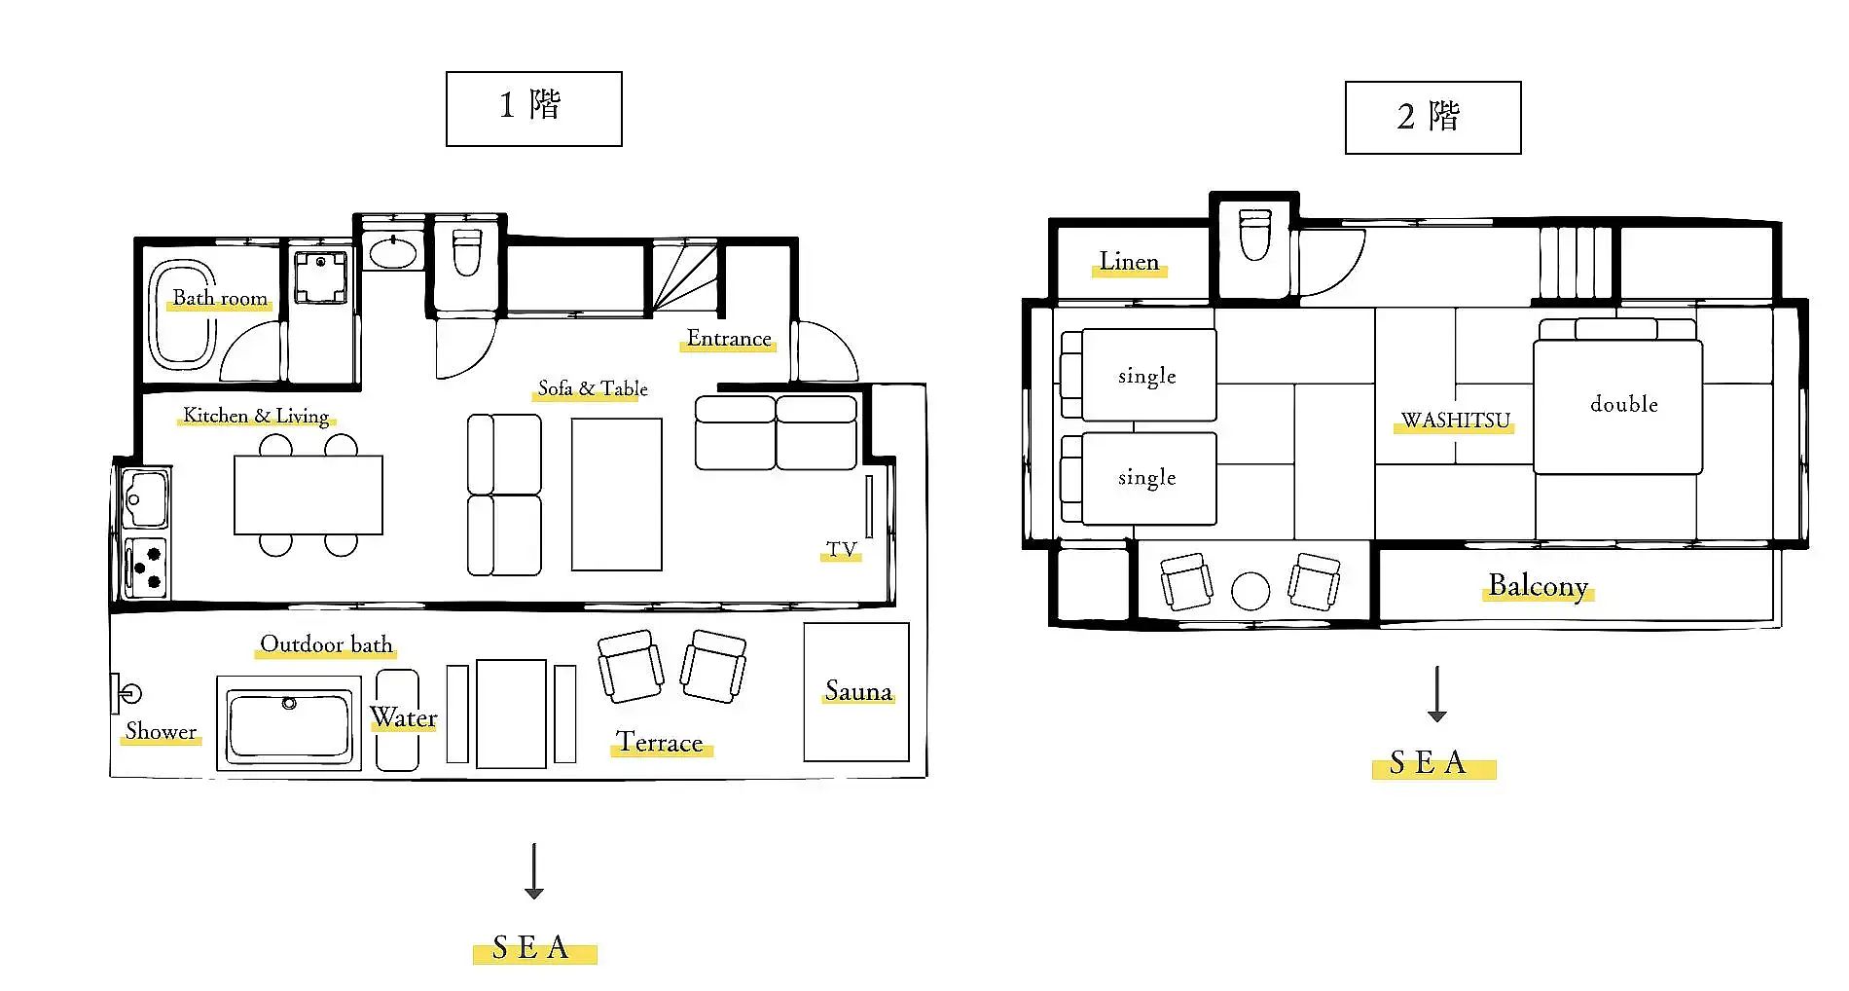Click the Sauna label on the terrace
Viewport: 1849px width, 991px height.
click(858, 691)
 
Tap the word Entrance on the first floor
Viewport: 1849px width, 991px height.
click(729, 339)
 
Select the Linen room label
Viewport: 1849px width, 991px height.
click(1129, 262)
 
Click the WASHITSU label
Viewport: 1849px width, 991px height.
click(1456, 421)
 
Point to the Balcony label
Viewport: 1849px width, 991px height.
click(1539, 586)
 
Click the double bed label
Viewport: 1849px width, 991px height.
click(1624, 404)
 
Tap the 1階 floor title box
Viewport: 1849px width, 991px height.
click(534, 109)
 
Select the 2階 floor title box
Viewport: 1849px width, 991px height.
click(1432, 118)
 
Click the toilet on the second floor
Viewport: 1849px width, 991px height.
click(1254, 235)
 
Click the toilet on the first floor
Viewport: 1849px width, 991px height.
click(467, 251)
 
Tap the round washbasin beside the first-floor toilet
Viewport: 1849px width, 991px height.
click(394, 252)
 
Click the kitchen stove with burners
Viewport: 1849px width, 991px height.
click(145, 567)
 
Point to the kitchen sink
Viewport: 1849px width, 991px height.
click(145, 499)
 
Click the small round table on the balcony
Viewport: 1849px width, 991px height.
click(1251, 591)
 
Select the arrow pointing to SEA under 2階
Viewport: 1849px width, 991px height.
click(1437, 694)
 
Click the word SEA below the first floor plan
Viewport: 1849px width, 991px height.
click(530, 947)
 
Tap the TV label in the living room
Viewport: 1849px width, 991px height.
click(841, 550)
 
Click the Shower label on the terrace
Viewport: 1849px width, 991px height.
click(161, 732)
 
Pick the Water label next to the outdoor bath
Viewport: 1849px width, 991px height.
click(403, 718)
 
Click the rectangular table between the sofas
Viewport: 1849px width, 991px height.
click(617, 495)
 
